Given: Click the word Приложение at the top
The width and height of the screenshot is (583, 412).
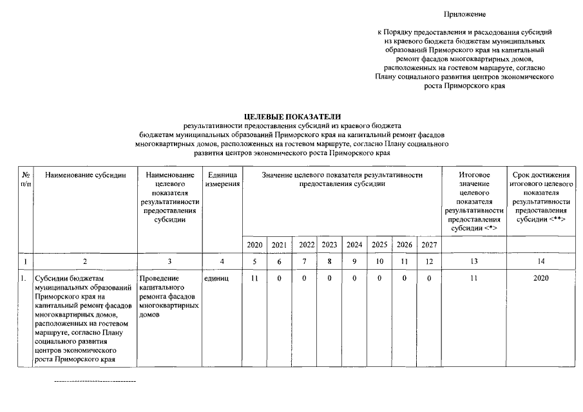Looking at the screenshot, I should [x=464, y=14].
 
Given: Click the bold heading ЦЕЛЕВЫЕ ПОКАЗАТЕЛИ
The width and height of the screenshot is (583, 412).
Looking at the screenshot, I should [x=292, y=115].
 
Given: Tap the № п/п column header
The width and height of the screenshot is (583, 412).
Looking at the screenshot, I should [x=26, y=180].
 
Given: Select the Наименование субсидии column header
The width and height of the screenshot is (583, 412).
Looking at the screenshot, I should [x=86, y=174].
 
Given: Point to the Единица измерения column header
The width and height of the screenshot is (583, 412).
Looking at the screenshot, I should [x=222, y=180].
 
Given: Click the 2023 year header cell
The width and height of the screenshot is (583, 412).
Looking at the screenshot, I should [x=329, y=245].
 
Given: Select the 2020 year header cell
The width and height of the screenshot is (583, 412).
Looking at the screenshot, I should [x=254, y=245].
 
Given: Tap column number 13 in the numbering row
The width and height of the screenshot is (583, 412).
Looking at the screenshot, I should [x=474, y=262].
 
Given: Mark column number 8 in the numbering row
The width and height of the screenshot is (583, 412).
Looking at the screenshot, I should [x=329, y=262].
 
